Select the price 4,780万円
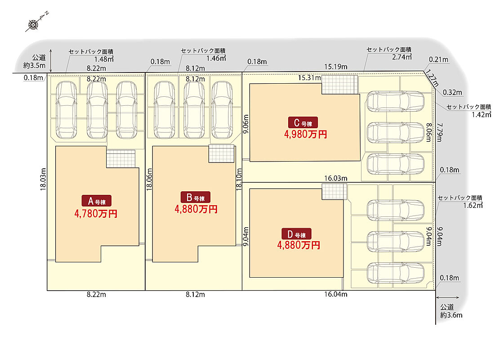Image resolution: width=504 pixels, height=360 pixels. (96, 213)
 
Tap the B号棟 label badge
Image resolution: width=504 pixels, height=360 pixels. (196, 197)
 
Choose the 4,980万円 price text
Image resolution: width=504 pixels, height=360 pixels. (305, 134)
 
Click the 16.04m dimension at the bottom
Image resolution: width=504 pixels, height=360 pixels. (335, 295)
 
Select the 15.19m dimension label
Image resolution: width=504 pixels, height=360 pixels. (336, 67)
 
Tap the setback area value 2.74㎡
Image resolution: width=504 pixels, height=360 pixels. (402, 57)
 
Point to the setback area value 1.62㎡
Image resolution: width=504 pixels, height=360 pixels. (472, 205)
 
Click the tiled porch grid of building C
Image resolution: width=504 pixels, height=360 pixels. (339, 84)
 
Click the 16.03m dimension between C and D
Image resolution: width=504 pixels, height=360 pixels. (335, 179)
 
